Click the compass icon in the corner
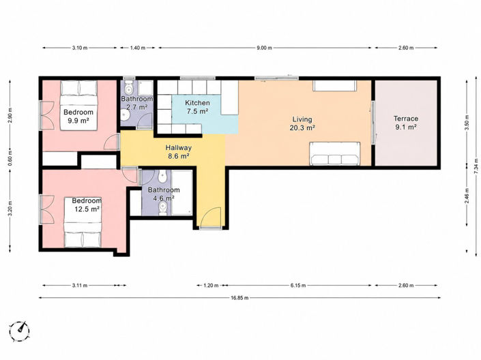coord(19,331)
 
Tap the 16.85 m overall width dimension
coord(240,297)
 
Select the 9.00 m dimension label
coord(265,48)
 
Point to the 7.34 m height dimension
coord(476,166)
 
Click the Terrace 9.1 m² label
coord(406,123)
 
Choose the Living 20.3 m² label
coord(302,123)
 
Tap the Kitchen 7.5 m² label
coord(198,107)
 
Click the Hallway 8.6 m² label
coord(179,152)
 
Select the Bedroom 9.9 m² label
coord(78,116)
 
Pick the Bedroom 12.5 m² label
coord(87,205)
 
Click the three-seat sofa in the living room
coord(334,153)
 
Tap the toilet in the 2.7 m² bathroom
coord(128,87)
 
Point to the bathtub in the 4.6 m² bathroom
coord(181,192)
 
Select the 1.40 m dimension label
coord(138,48)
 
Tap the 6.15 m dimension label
coord(298,286)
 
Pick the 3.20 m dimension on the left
coord(10,209)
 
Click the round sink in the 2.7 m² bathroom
coord(125,116)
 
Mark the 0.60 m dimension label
coord(10,159)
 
